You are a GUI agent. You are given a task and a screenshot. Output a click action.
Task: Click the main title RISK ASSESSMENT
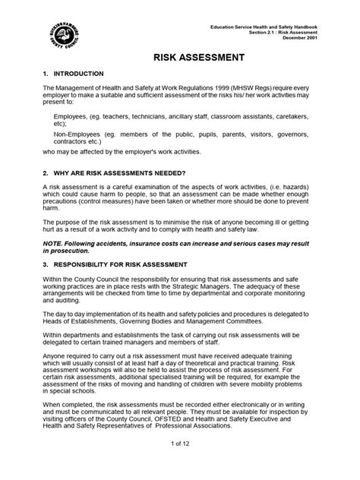pyautogui.click(x=180, y=57)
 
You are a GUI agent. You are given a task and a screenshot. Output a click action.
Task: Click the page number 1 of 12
pyautogui.click(x=179, y=463)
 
